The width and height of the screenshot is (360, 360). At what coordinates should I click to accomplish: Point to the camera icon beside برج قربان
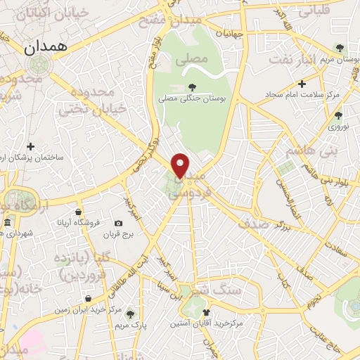[x=118, y=224]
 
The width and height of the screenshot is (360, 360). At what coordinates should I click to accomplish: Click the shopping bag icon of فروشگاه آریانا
[x=78, y=210]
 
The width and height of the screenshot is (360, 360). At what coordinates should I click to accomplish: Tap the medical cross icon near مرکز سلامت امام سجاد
[x=302, y=84]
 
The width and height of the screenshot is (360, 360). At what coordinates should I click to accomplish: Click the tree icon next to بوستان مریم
[x=340, y=49]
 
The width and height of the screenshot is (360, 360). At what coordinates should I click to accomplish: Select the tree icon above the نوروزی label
[x=338, y=115]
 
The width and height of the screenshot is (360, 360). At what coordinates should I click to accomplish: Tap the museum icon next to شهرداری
[x=7, y=224]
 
